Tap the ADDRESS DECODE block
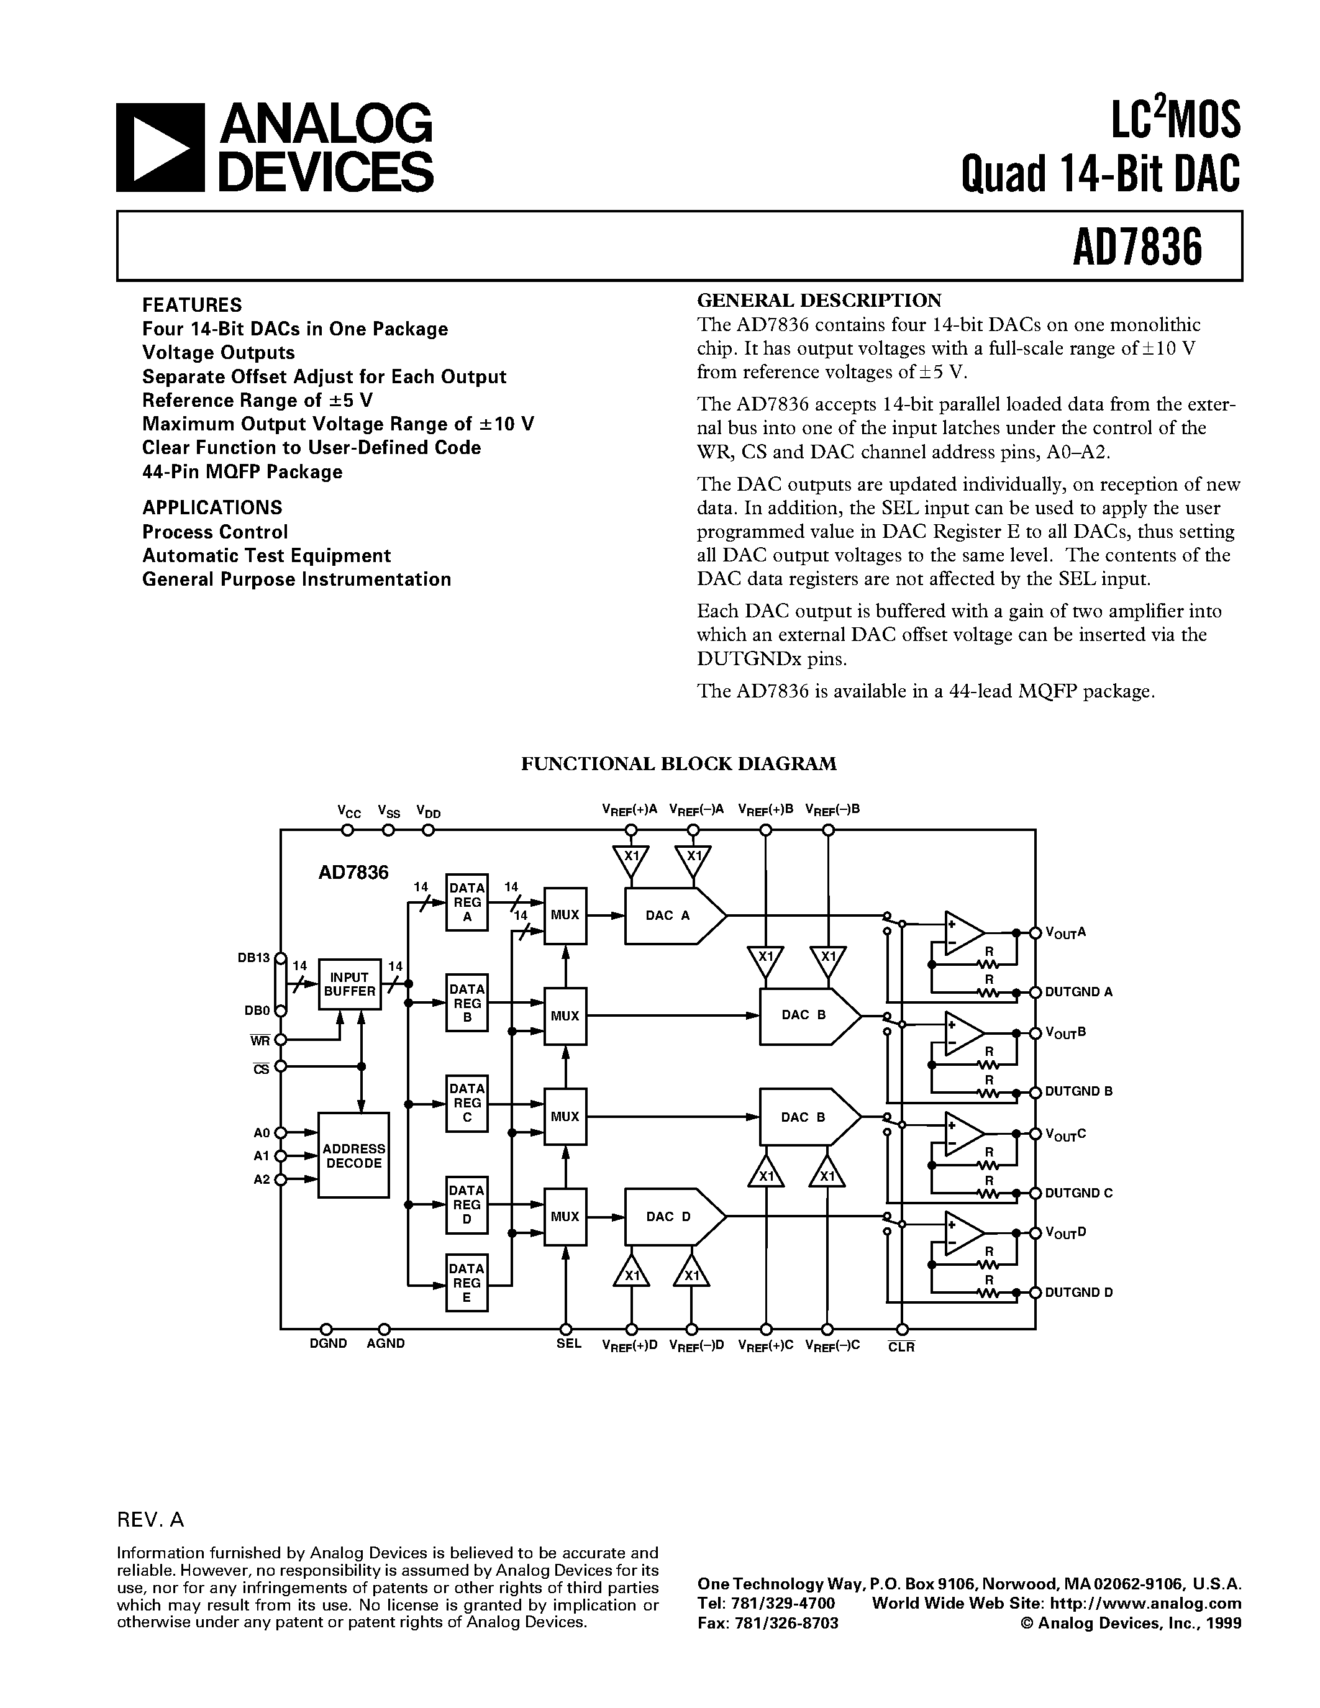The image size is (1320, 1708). [x=353, y=1155]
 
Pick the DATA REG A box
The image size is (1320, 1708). [x=467, y=902]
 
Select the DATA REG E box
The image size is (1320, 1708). [x=467, y=1283]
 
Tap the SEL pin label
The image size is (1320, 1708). [x=568, y=1343]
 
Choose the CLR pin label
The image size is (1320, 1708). [x=901, y=1347]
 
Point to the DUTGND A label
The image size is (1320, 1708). [x=1078, y=992]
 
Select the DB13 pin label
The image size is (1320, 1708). [x=253, y=957]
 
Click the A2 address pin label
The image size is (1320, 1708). [x=261, y=1179]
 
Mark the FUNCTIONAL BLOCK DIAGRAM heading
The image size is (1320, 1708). [x=679, y=763]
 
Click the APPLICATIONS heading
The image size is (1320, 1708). [x=212, y=507]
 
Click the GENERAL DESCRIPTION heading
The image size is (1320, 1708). [x=819, y=301]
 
